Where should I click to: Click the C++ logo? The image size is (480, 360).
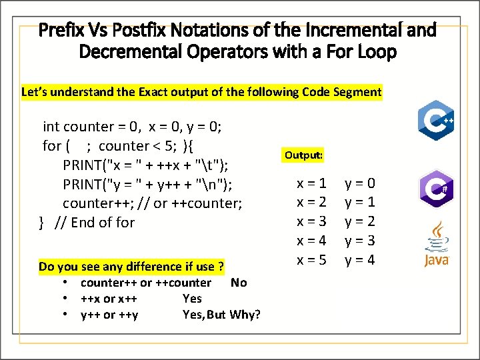[436, 121]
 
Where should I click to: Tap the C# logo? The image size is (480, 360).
[436, 189]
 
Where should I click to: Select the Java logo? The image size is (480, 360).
[437, 245]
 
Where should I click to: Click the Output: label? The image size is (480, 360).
[303, 155]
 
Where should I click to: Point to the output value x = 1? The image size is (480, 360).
[311, 183]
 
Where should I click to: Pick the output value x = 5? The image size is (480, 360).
[311, 260]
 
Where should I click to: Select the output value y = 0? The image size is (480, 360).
[360, 183]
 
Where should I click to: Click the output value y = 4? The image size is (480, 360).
[360, 260]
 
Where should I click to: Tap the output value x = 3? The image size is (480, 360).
[311, 221]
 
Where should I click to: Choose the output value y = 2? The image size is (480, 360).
[360, 221]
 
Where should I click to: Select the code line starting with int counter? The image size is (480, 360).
[132, 127]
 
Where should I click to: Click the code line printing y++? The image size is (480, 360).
[147, 184]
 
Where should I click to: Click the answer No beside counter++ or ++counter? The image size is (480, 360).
[238, 283]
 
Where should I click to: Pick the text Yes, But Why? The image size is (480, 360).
[221, 315]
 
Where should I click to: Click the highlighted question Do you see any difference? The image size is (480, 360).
[131, 267]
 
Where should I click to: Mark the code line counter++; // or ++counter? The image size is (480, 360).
[152, 203]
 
